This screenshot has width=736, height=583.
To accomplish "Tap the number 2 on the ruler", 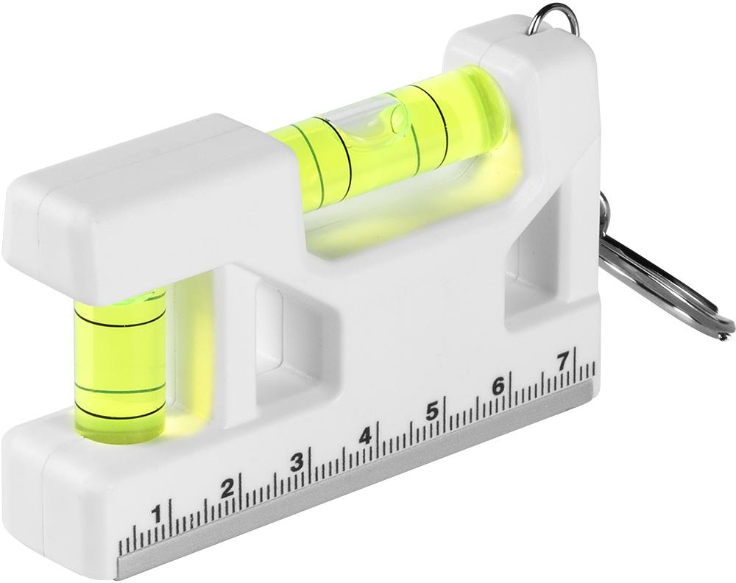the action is [x=227, y=489].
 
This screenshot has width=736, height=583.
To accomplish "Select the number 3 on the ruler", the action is [x=297, y=463].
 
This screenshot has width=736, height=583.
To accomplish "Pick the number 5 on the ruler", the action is [x=432, y=411].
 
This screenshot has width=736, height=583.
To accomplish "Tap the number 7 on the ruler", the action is [x=562, y=362].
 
